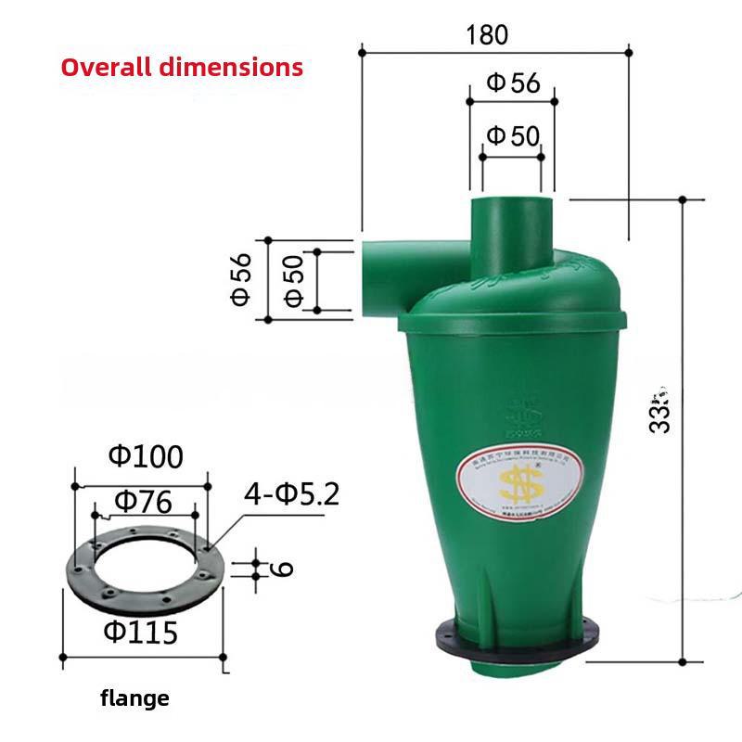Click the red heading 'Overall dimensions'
182,68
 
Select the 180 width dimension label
488,34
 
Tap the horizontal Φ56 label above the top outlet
513,83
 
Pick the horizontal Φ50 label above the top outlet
513,136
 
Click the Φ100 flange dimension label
146,456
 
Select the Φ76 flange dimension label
143,503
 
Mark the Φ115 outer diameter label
140,633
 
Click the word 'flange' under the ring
135,698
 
